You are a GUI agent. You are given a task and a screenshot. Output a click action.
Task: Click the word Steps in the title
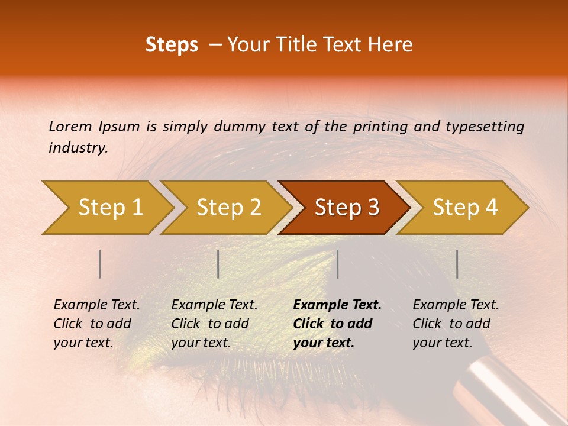pyautogui.click(x=172, y=45)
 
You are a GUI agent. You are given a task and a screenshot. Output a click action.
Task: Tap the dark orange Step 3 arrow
pyautogui.click(x=347, y=208)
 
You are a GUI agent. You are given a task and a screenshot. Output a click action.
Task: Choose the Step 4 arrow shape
pyautogui.click(x=465, y=208)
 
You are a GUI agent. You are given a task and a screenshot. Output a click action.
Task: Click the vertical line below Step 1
pyautogui.click(x=100, y=264)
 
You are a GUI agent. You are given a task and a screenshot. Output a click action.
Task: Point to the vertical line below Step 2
pyautogui.click(x=218, y=264)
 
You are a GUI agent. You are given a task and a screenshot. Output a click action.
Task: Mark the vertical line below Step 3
pyautogui.click(x=338, y=264)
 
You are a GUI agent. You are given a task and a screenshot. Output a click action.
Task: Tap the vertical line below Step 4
pyautogui.click(x=457, y=264)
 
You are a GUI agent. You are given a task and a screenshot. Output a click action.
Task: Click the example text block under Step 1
pyautogui.click(x=96, y=324)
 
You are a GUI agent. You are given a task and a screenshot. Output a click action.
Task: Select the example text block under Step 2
pyautogui.click(x=214, y=324)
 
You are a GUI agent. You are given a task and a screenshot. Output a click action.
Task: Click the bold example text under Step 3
pyautogui.click(x=337, y=324)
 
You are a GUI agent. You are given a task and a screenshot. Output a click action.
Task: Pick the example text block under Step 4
pyautogui.click(x=456, y=324)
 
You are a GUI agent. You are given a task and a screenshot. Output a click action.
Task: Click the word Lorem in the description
pyautogui.click(x=70, y=127)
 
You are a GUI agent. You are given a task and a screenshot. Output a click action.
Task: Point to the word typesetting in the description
pyautogui.click(x=485, y=127)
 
